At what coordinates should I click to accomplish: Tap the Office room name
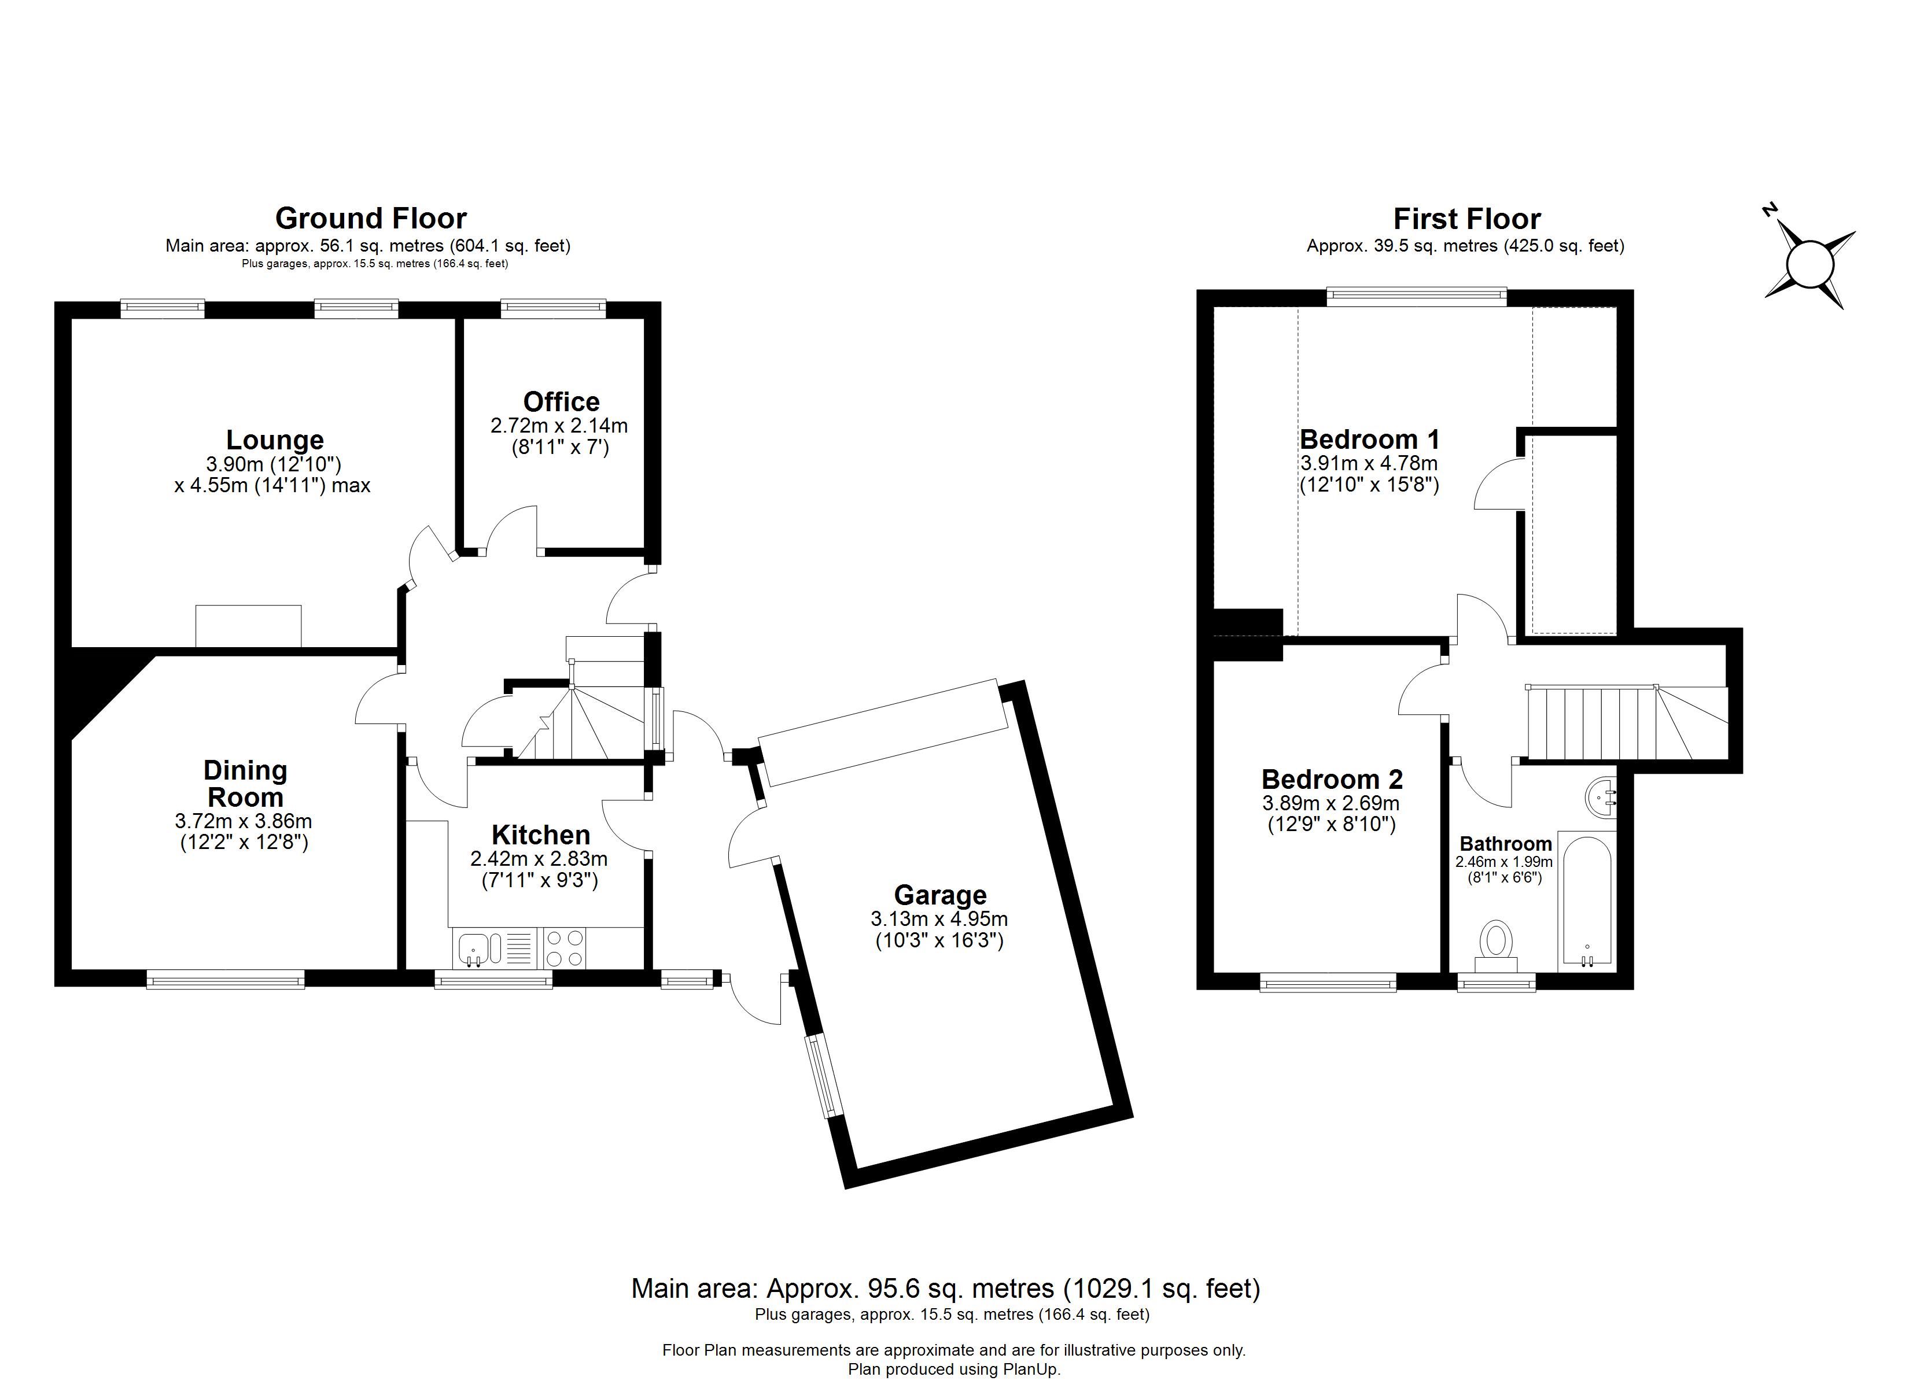tap(562, 401)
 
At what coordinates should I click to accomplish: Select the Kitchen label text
tap(540, 835)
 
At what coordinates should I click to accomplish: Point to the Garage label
tap(940, 895)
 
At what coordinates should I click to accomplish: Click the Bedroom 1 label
tap(1369, 440)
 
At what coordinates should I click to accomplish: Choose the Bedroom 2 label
tap(1332, 780)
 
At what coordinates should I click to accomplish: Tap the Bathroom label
tap(1506, 843)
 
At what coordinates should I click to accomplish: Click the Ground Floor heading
tap(371, 219)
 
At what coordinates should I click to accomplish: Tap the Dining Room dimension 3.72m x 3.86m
tap(244, 821)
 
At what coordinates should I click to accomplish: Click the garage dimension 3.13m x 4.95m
tap(939, 919)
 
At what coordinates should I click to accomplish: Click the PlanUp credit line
tap(954, 1369)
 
